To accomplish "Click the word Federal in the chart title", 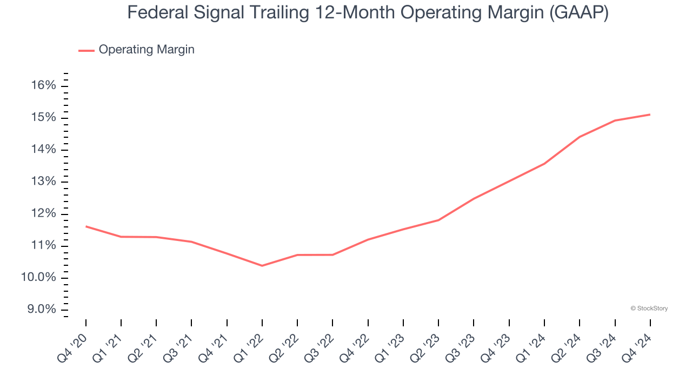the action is pos(158,12).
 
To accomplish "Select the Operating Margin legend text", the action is pos(147,50).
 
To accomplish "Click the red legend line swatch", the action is pos(86,50).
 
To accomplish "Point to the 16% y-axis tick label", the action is pos(44,85).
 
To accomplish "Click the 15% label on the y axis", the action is pos(44,117).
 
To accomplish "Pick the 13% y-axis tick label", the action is pos(44,181).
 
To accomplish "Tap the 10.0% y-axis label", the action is pos(38,277).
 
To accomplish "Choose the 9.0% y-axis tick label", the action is pos(42,309).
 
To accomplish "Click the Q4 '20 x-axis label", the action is pos(72,348).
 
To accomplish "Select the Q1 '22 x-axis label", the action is pos(248,348).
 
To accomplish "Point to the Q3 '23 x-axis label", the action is pos(460,348).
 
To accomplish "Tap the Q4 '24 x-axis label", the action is pos(636,348).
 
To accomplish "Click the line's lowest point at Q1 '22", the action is pos(262,265).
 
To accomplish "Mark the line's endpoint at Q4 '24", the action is pos(650,115).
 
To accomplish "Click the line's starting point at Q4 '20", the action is pos(86,226).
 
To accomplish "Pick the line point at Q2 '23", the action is pos(438,220).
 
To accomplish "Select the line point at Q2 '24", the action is pos(580,137).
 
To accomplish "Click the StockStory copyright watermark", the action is pos(649,308).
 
